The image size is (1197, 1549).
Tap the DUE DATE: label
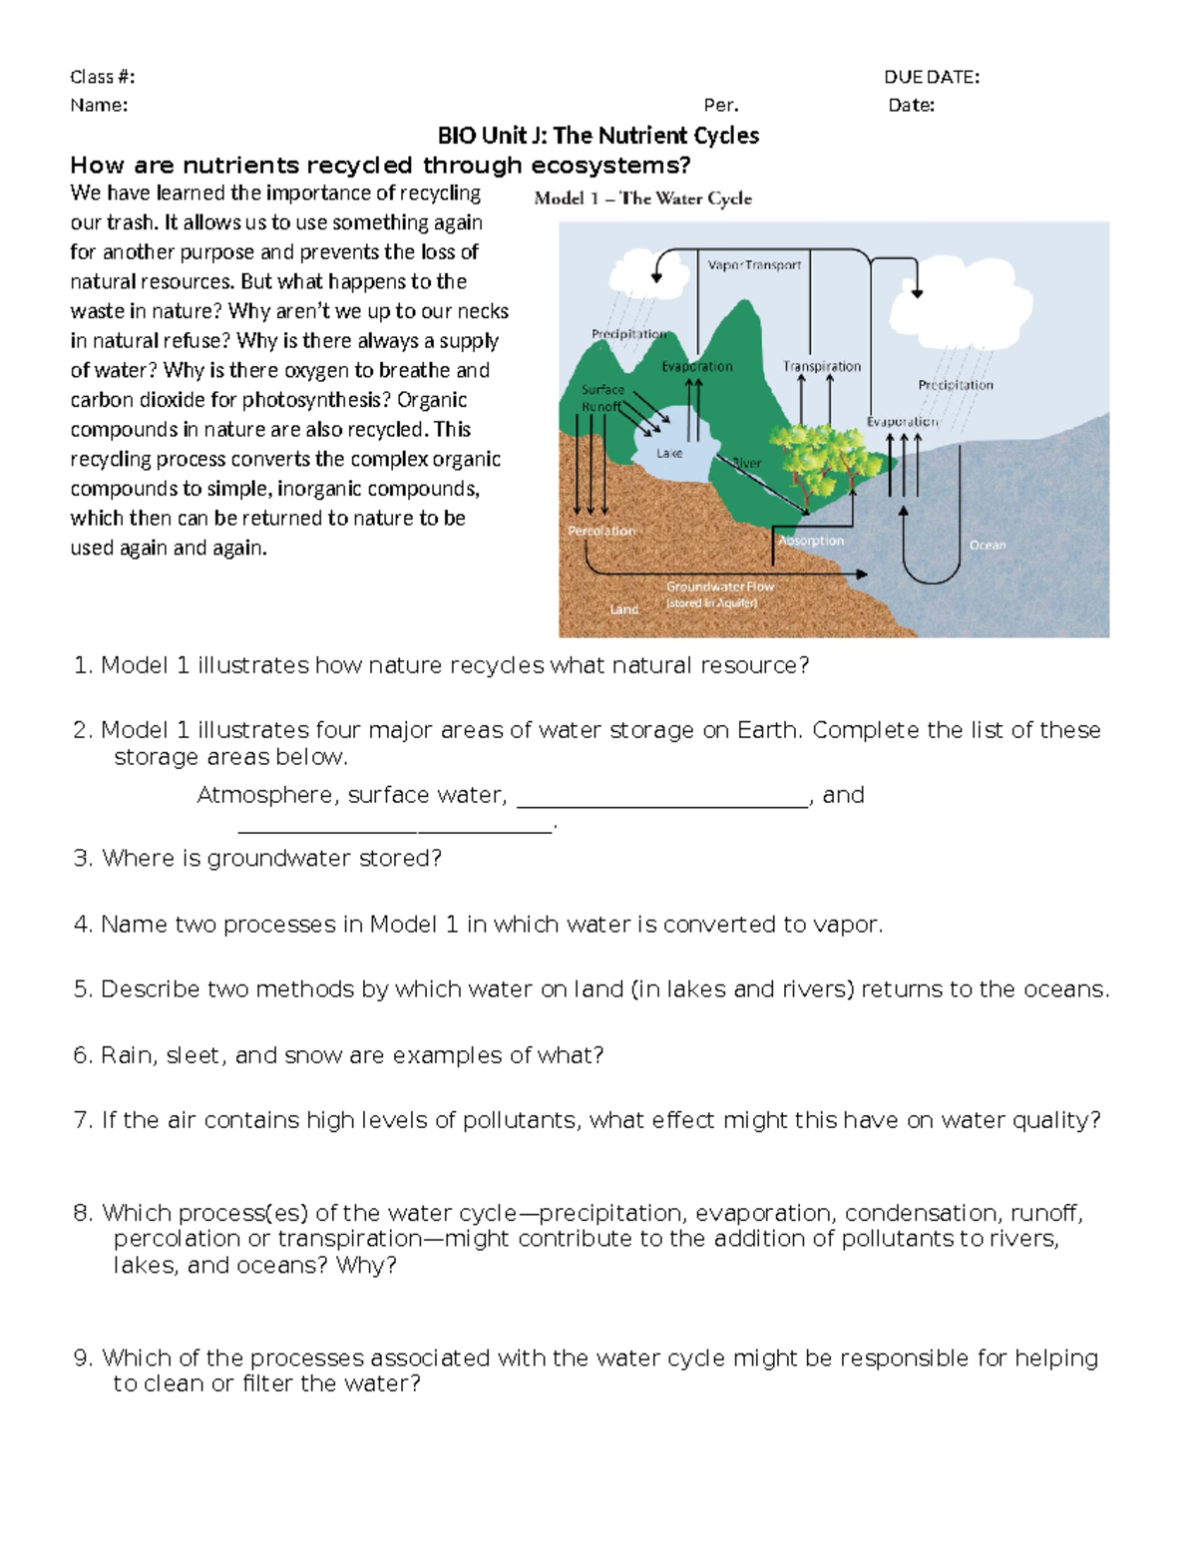[931, 77]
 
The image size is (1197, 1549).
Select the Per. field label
[720, 105]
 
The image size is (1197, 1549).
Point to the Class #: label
[102, 77]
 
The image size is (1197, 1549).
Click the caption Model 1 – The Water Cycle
[642, 198]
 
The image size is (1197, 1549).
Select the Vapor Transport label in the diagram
[754, 265]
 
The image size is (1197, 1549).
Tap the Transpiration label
[821, 366]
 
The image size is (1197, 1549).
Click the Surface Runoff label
[603, 398]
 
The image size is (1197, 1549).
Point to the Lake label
[669, 453]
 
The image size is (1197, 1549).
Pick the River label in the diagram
[747, 463]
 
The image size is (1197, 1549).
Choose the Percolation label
[601, 531]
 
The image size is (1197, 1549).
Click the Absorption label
[811, 541]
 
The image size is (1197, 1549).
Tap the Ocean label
[988, 545]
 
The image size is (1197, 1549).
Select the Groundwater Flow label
[719, 586]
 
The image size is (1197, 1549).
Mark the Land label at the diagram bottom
[623, 608]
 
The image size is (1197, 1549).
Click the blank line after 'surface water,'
[662, 797]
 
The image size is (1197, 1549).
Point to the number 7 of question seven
[82, 1120]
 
